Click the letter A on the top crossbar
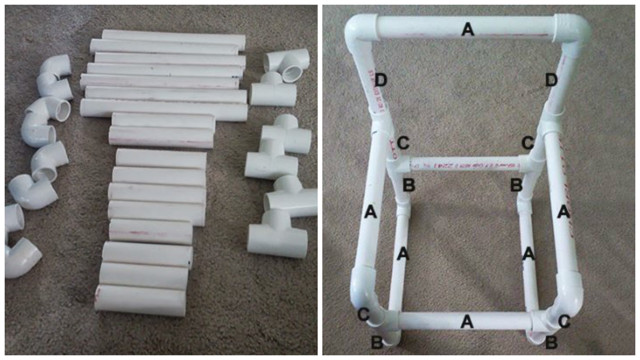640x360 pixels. tap(467, 31)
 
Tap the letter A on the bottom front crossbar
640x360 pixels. tap(468, 321)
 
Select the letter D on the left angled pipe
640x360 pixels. tap(380, 79)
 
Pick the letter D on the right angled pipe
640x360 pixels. tap(551, 79)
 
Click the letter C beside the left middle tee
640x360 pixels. tap(403, 143)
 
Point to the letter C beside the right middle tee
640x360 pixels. tap(527, 143)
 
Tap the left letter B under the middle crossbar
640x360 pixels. tap(408, 184)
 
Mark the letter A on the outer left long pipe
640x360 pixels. tap(370, 211)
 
